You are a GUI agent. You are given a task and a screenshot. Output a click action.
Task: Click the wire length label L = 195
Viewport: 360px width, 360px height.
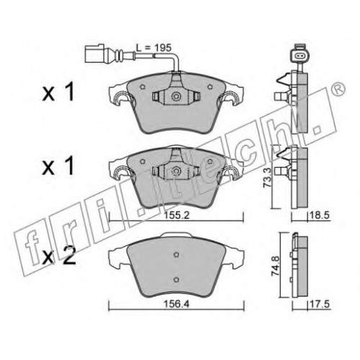pos(153,48)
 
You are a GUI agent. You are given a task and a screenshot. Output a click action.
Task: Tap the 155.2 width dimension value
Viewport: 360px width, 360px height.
pos(177,215)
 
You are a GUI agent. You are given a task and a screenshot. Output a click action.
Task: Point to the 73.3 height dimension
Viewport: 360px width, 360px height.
pos(267,178)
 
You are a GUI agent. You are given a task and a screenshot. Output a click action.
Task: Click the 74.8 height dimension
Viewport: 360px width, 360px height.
pos(275,266)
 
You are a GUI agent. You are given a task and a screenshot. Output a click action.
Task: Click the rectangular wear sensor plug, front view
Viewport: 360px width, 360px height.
pos(94,53)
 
